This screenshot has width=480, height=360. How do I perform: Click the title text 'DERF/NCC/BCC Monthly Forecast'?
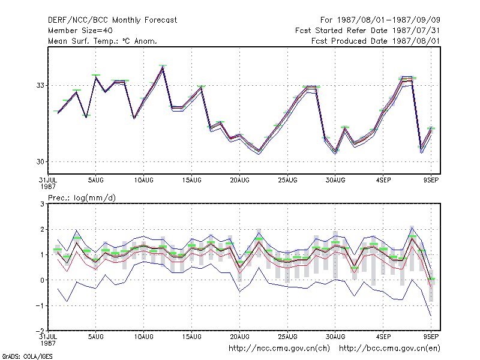click(x=112, y=20)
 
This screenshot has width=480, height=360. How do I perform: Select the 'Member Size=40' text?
click(x=80, y=31)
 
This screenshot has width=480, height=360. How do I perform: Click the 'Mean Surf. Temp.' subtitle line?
click(x=102, y=41)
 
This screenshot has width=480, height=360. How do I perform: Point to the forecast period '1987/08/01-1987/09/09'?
click(x=388, y=20)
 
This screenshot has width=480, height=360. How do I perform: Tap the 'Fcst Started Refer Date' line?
click(x=367, y=31)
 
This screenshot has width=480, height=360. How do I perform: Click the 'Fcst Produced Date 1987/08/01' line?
click(x=376, y=41)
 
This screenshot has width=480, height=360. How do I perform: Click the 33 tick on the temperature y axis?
click(x=40, y=85)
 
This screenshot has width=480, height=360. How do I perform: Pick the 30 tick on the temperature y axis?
click(x=40, y=161)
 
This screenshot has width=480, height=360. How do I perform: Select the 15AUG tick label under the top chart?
click(x=191, y=181)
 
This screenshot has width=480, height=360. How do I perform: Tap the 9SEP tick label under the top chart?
click(x=431, y=181)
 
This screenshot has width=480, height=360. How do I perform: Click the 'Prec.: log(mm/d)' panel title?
click(x=82, y=198)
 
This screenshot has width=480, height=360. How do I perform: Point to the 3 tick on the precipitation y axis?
click(x=42, y=204)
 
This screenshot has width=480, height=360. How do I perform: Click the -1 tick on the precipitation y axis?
click(x=40, y=306)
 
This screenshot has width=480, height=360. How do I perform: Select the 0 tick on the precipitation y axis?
click(x=42, y=280)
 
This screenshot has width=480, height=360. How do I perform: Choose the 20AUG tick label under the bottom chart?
click(x=239, y=337)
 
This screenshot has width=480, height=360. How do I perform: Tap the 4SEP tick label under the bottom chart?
click(x=383, y=337)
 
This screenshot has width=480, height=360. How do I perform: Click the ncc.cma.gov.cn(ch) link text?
click(x=279, y=349)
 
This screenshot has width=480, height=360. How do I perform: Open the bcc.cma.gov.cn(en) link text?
click(x=389, y=349)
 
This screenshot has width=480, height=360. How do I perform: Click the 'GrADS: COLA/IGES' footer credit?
click(x=27, y=356)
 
